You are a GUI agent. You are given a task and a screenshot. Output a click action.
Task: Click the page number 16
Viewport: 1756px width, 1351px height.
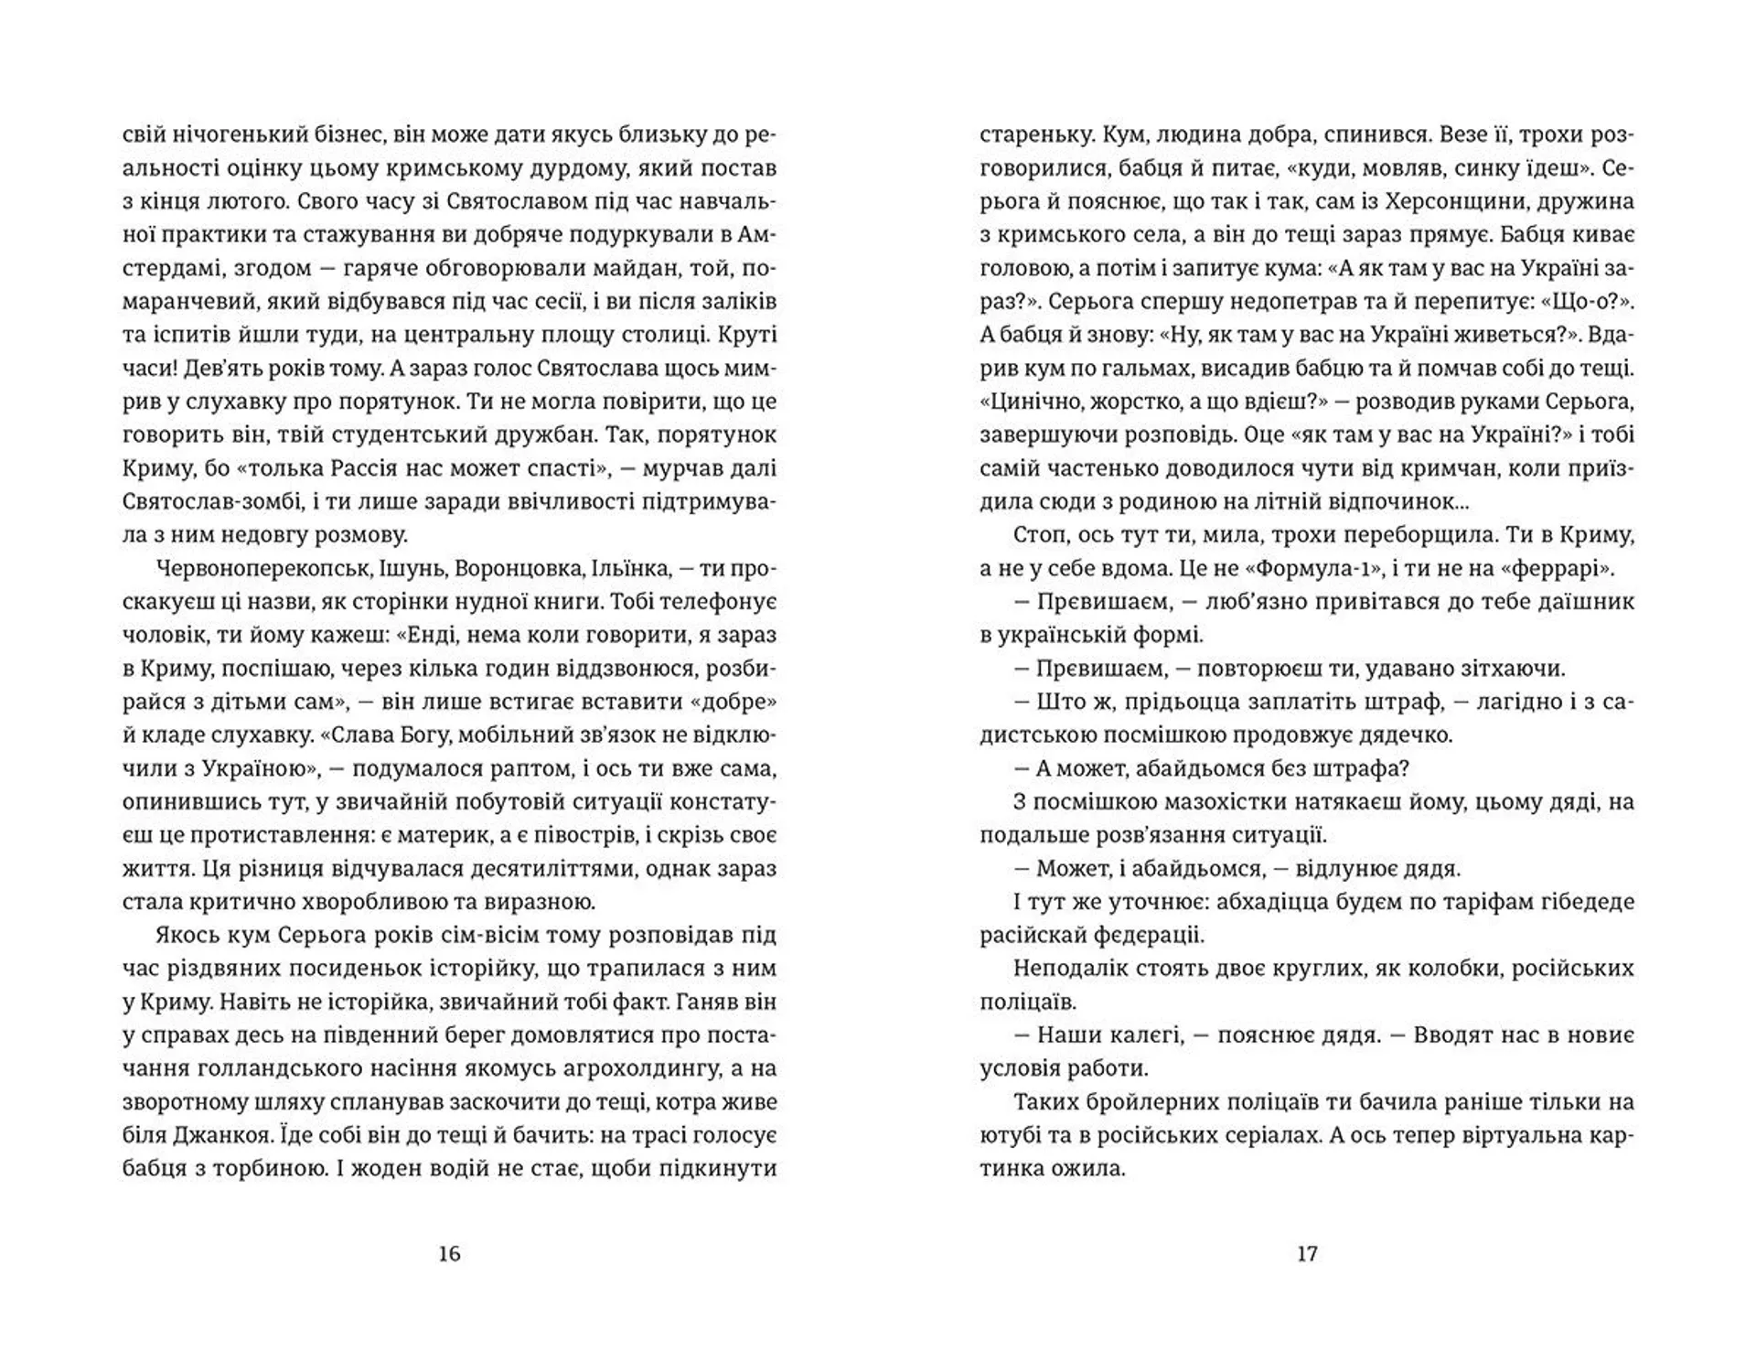(x=449, y=1253)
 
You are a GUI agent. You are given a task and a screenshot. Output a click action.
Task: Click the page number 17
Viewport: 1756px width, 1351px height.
(x=1307, y=1253)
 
